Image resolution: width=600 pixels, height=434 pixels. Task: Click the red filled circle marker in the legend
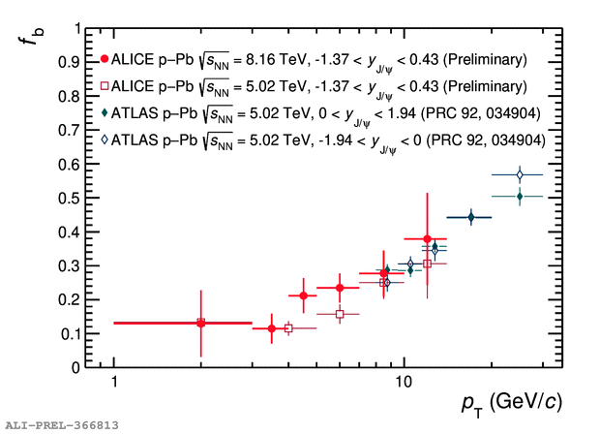[105, 58]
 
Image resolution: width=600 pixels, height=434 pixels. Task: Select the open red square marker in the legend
[105, 86]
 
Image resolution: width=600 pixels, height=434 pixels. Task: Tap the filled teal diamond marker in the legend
[105, 113]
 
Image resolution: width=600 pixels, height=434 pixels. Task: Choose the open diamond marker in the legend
[105, 140]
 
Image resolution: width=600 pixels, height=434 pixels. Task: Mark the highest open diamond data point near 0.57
[520, 174]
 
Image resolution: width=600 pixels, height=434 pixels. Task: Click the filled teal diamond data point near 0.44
[471, 218]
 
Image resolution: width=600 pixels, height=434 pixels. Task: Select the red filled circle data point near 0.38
[427, 238]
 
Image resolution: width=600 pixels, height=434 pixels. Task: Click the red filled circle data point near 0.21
[304, 295]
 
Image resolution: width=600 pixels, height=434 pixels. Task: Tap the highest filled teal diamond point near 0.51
[520, 196]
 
